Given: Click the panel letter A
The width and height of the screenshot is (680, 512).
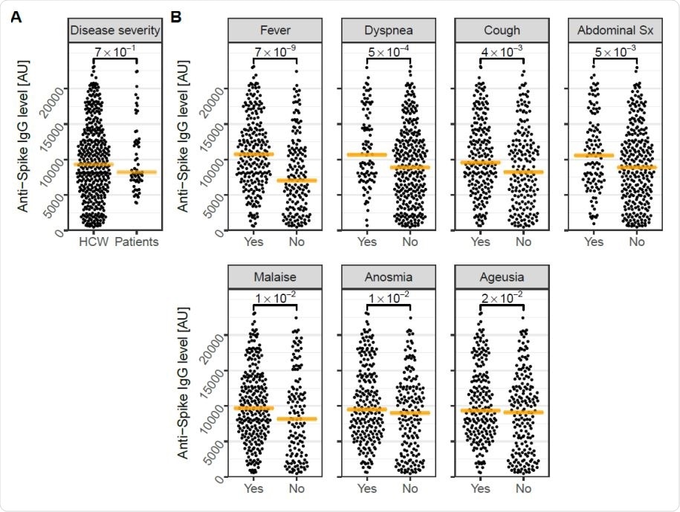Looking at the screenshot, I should (x=16, y=16).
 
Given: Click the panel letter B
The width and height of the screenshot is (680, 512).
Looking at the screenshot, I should (x=178, y=16).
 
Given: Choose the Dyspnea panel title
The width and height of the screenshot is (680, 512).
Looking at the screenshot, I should (x=389, y=30).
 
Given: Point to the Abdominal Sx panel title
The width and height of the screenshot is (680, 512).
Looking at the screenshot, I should (x=616, y=30).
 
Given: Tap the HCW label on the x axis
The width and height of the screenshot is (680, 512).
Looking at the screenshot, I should (x=93, y=242).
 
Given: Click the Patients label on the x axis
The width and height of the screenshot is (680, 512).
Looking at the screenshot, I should (x=137, y=242).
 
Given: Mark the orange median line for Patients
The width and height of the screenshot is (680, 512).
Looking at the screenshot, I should (x=137, y=172).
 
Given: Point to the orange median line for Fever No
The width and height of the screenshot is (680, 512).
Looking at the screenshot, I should (x=297, y=180).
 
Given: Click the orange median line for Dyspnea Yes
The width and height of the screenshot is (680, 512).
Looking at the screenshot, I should (x=367, y=155).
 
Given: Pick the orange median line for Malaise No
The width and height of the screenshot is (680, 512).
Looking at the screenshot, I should (x=297, y=419).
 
